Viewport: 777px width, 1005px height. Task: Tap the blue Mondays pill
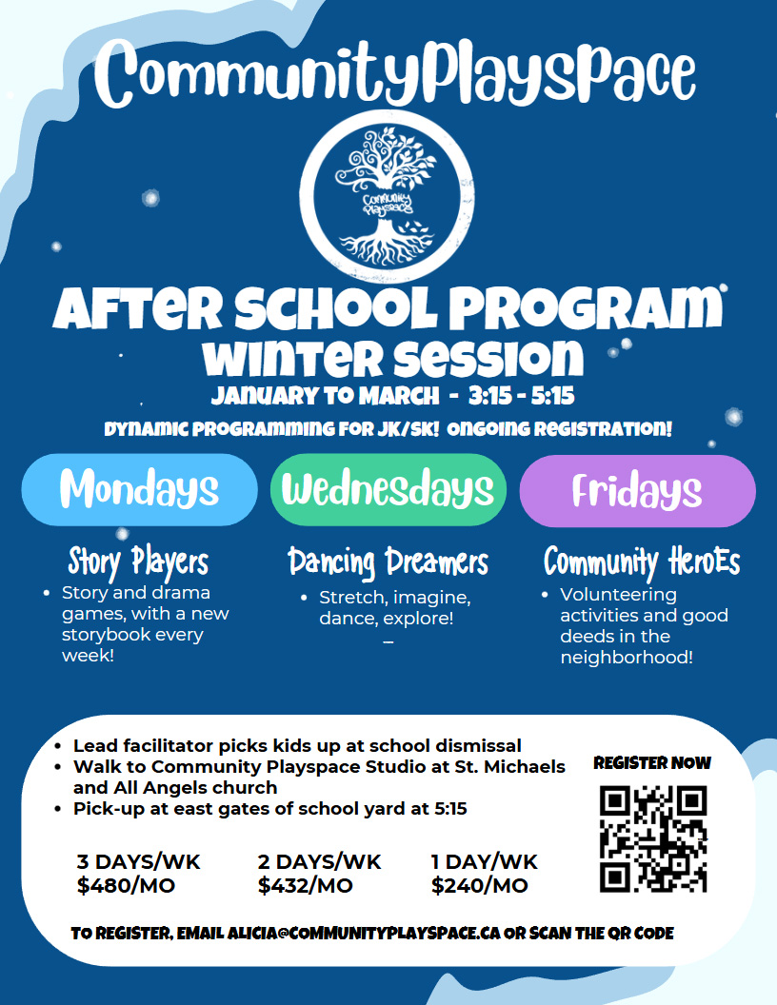coord(140,490)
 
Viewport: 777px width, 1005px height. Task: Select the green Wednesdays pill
coord(388,490)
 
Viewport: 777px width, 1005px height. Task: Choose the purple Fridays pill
coord(637,491)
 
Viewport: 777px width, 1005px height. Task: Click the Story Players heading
coord(138,562)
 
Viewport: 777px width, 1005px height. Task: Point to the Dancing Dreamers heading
coord(388,562)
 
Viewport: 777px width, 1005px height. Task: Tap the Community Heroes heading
coord(642,562)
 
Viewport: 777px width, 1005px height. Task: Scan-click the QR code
coord(653,839)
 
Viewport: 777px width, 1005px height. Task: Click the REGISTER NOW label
coord(652,762)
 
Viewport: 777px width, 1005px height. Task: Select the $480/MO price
coord(126,886)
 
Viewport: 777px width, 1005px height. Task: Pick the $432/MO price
coord(305,886)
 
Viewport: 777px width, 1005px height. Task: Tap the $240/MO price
coord(480,886)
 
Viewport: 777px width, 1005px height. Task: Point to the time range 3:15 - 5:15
coord(521,396)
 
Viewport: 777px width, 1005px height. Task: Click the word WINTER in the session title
coord(292,358)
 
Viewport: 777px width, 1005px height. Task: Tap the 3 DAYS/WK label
coord(138,862)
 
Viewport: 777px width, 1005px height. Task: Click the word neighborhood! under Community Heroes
coord(627,658)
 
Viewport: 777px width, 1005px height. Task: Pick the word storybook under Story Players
coord(132,635)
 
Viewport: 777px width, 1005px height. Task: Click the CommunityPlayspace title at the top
coord(395,73)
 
